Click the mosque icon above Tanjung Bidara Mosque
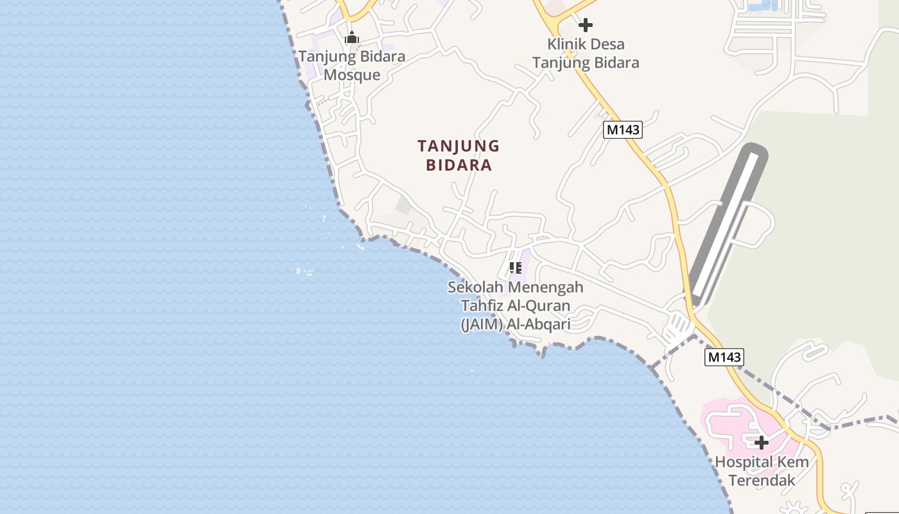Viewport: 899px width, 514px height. tap(351, 38)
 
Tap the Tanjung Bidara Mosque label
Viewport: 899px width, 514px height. tap(352, 66)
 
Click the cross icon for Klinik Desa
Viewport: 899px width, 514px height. tap(585, 25)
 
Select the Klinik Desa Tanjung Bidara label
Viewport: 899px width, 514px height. tap(586, 53)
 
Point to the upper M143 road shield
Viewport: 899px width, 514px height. tap(623, 130)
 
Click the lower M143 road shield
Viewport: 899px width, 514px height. tap(724, 357)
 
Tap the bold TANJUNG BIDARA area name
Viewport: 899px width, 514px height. tap(458, 155)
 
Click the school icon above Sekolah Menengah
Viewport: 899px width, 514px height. tap(515, 267)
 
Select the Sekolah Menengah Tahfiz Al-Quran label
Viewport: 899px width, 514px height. tap(516, 306)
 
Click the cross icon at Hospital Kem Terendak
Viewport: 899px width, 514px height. tap(761, 442)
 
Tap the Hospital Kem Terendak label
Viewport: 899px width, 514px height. tap(762, 471)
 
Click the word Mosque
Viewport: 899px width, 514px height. tap(352, 75)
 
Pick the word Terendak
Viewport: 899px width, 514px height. tap(762, 481)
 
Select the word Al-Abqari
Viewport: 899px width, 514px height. tap(539, 324)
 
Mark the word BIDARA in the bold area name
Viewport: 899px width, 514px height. tap(458, 165)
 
